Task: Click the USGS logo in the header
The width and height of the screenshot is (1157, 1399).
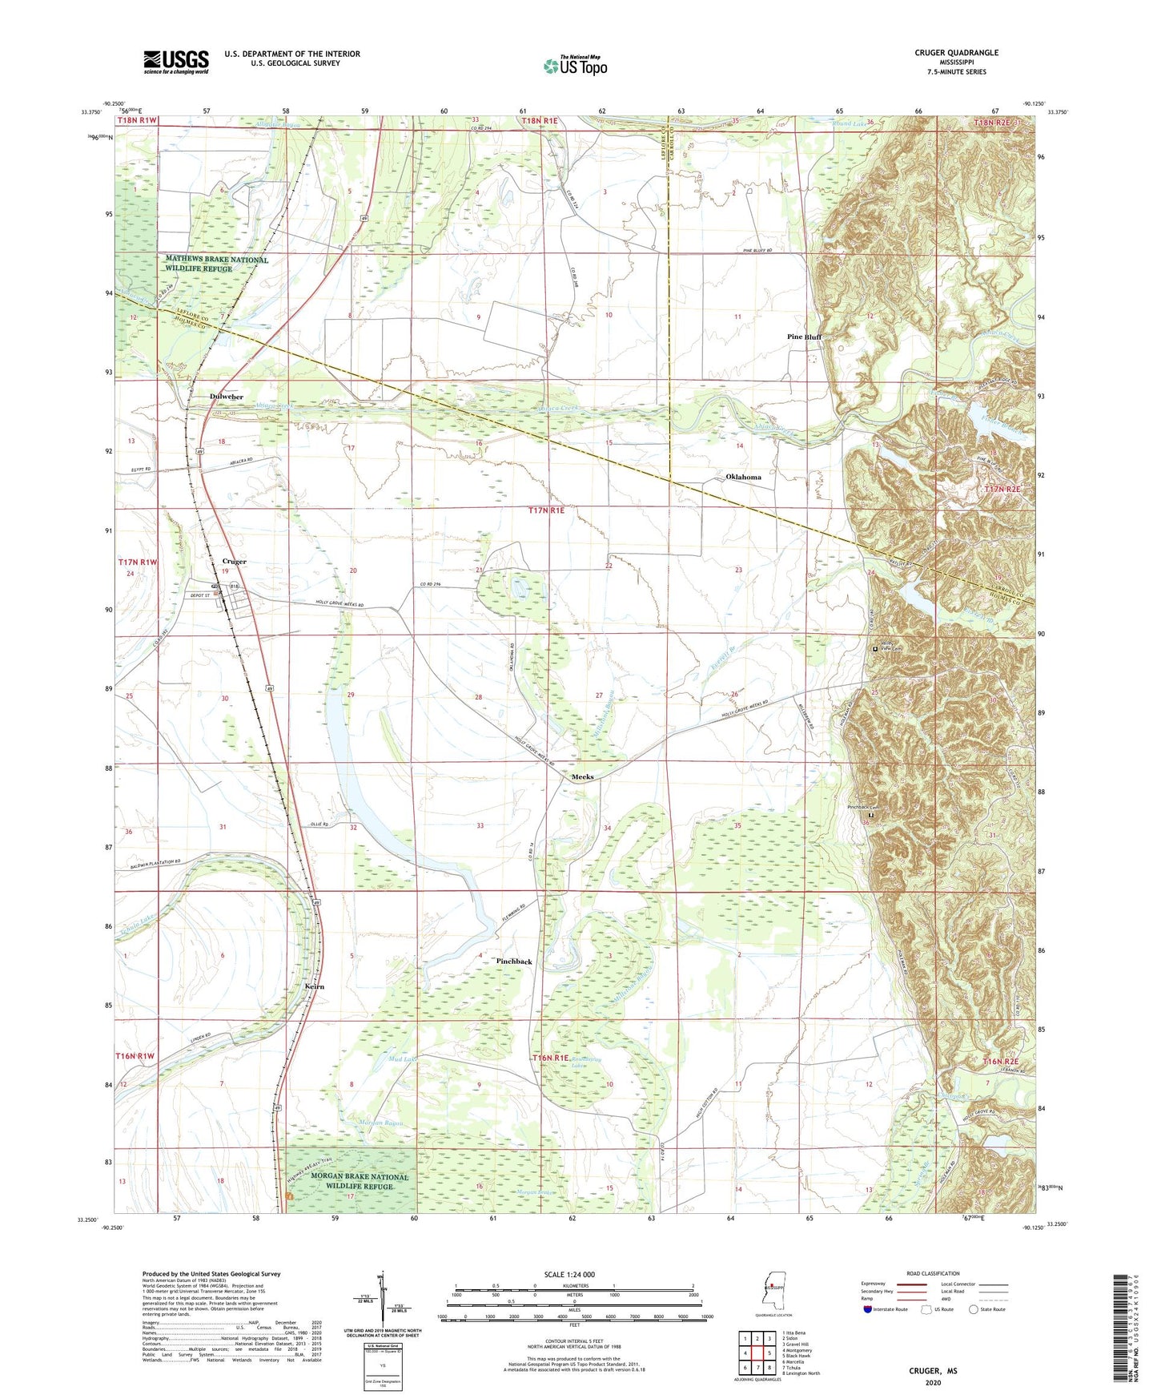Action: (176, 62)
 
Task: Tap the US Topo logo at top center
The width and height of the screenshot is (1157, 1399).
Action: (576, 66)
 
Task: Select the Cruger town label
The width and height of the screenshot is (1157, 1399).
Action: (235, 562)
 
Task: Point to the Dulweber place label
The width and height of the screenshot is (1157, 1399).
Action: (227, 397)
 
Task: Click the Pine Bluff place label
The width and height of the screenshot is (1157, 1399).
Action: (804, 337)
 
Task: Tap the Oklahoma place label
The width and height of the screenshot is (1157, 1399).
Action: (743, 477)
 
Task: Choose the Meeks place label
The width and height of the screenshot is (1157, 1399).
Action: (582, 777)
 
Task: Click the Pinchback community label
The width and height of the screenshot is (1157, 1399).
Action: (514, 961)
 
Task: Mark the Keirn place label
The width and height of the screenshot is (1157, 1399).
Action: (315, 986)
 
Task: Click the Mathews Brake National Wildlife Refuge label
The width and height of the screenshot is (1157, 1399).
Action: (216, 264)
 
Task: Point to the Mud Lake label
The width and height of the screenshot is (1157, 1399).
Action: (403, 1059)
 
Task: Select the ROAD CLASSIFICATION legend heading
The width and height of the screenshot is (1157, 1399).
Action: (933, 1273)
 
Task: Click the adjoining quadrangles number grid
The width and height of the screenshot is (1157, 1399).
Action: (757, 1354)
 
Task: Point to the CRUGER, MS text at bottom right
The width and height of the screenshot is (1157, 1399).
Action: (933, 1371)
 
